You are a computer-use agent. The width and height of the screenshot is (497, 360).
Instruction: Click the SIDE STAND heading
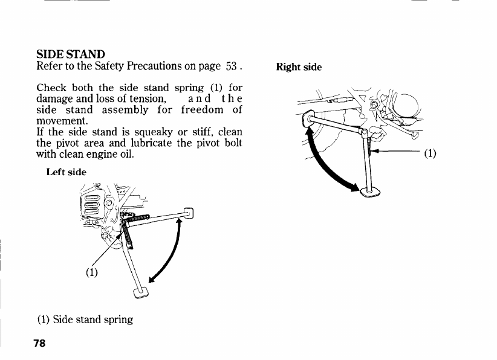[x=71, y=54]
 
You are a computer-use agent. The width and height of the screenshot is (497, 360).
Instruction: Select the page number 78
[x=40, y=344]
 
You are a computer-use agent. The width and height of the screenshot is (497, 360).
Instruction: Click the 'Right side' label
[x=299, y=67]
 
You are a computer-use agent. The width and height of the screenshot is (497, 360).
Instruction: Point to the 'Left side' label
[x=67, y=172]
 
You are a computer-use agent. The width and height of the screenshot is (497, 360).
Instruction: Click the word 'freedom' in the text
[x=202, y=110]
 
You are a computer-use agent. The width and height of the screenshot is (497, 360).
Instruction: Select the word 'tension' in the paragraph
[x=147, y=98]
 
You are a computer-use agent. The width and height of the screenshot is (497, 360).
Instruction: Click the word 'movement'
[x=62, y=121]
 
